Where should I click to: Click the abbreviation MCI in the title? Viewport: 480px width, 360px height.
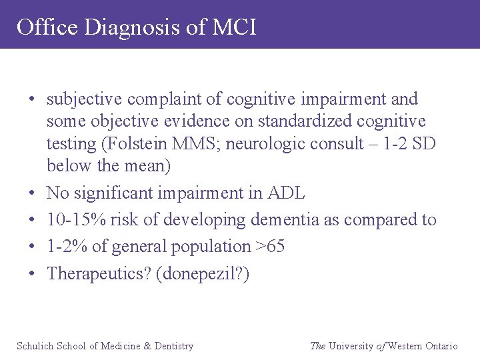(234, 27)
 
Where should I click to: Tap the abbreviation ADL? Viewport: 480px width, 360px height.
(286, 193)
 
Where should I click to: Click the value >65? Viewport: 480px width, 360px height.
(270, 247)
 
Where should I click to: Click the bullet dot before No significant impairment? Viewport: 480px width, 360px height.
(32, 194)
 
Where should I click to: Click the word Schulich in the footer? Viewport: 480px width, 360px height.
(35, 346)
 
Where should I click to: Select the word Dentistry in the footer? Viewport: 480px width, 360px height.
(173, 346)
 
